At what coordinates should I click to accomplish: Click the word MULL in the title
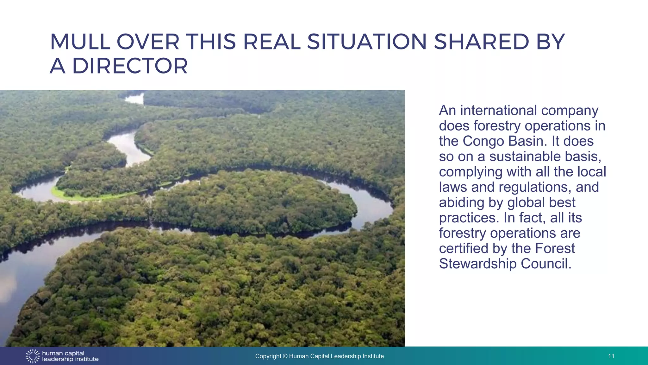point(80,42)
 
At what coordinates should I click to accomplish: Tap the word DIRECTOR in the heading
point(130,66)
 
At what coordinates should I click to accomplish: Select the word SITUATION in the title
point(367,42)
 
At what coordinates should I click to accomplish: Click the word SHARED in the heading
point(481,42)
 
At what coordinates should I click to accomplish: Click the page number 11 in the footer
point(611,356)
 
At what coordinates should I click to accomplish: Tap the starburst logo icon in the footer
point(33,356)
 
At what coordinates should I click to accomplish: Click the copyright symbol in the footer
point(285,356)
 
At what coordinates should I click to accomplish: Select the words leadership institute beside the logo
point(70,359)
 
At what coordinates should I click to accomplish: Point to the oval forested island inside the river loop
point(253,203)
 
